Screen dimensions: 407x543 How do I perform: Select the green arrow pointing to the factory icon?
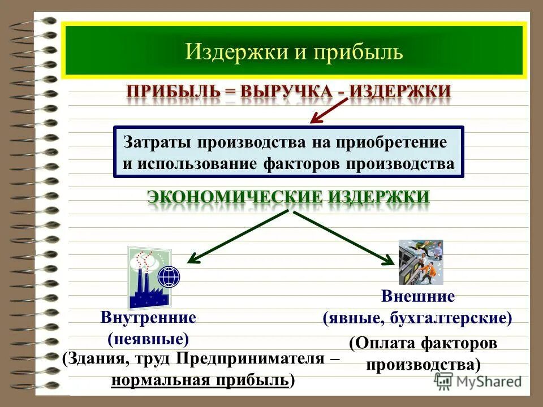[238, 237]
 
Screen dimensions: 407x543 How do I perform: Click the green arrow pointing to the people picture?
[345, 237]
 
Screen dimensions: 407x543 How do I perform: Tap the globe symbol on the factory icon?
[169, 276]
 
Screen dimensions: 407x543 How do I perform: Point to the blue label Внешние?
[418, 296]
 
